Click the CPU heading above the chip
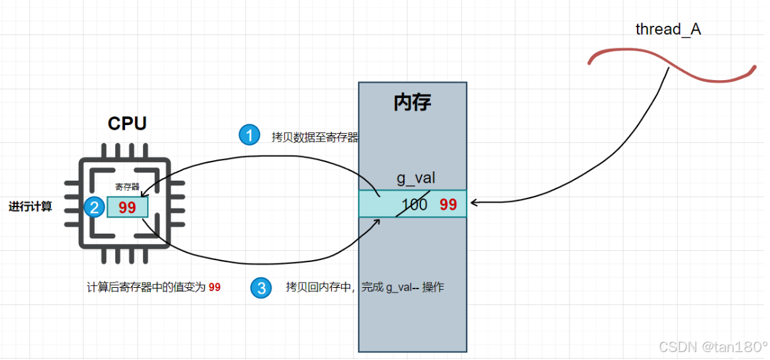(127, 124)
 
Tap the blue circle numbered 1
(249, 136)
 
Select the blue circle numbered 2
(94, 207)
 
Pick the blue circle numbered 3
(261, 288)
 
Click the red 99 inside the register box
(127, 207)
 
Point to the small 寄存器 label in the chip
(127, 187)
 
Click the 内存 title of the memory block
(412, 103)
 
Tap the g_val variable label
(416, 177)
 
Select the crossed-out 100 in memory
(414, 204)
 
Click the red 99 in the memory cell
(448, 204)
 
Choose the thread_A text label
(667, 29)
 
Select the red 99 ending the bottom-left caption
(215, 287)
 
